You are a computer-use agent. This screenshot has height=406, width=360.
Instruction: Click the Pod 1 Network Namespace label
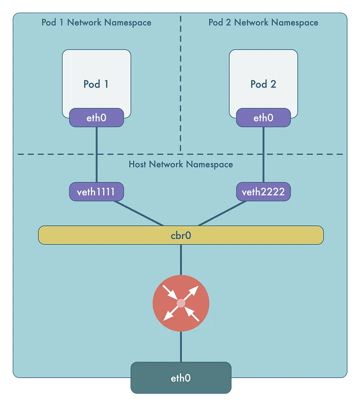click(96, 22)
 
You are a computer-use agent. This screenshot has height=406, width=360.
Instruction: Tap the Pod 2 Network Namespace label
click(263, 22)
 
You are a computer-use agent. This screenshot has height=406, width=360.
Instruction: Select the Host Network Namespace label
click(180, 164)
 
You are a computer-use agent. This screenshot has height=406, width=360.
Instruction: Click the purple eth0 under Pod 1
click(96, 118)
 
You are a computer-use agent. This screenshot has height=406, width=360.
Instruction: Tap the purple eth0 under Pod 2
click(263, 118)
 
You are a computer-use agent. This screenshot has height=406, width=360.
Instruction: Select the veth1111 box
click(96, 192)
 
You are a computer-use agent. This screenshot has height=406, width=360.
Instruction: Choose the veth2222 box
click(263, 192)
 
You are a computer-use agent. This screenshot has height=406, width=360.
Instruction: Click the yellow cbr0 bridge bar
click(180, 235)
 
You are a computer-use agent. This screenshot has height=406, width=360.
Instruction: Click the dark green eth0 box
click(180, 378)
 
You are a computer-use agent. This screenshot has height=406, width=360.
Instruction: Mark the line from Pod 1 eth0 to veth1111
click(96, 155)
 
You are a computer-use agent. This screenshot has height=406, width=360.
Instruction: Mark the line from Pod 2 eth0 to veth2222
click(263, 155)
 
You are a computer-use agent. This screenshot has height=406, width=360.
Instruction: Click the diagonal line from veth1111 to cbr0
click(140, 213)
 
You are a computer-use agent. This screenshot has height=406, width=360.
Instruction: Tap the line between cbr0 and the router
click(180, 260)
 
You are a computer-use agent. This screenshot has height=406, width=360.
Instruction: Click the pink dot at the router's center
click(180, 303)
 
